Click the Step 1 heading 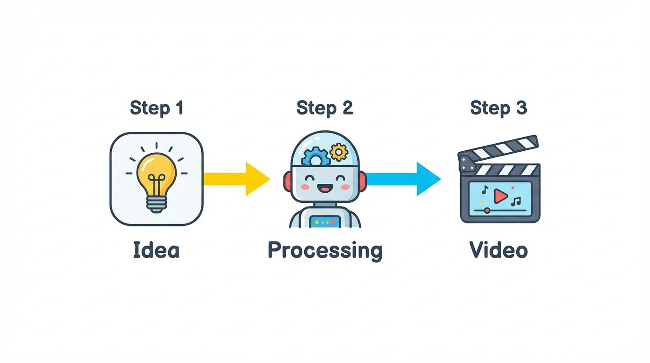pyautogui.click(x=156, y=108)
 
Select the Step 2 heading pyautogui.click(x=325, y=108)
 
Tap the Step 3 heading pyautogui.click(x=498, y=108)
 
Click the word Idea pyautogui.click(x=156, y=250)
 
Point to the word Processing pyautogui.click(x=325, y=251)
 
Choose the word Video pyautogui.click(x=498, y=250)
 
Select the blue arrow pyautogui.click(x=404, y=179)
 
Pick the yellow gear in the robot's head pyautogui.click(x=338, y=152)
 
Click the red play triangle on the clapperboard pyautogui.click(x=500, y=195)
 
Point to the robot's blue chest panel pyautogui.click(x=324, y=221)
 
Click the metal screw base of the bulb pyautogui.click(x=156, y=204)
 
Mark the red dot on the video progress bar pyautogui.click(x=486, y=210)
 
